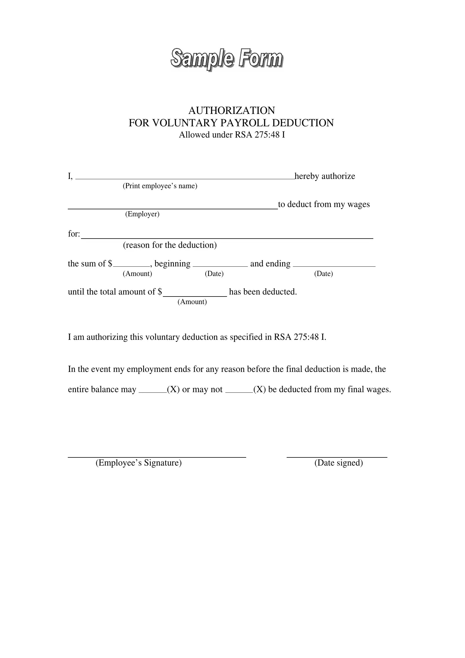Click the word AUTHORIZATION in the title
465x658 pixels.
(232, 110)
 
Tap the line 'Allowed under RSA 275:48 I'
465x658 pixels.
(232, 135)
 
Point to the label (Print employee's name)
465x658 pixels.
(160, 186)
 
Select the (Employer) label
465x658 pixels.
(142, 214)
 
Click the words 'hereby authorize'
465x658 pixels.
(325, 176)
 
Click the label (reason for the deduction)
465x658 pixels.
(170, 245)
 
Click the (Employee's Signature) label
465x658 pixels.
(139, 463)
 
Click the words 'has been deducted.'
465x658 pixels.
(263, 292)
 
